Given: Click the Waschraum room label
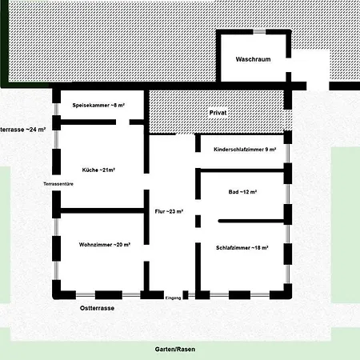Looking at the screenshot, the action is [x=253, y=59].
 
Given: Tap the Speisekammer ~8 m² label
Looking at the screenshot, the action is [x=98, y=106].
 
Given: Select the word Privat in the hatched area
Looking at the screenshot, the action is [x=218, y=113].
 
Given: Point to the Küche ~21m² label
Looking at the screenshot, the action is [x=98, y=170].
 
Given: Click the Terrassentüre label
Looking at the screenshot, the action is [x=58, y=184].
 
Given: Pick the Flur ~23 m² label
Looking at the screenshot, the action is [x=169, y=211].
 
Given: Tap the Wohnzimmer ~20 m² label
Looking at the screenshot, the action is [x=105, y=245].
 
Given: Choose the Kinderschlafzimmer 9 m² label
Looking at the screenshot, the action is [x=245, y=150].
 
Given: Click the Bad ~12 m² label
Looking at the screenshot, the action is [x=242, y=192].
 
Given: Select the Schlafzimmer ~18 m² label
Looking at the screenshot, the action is [x=242, y=248].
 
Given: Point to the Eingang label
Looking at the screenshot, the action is [x=174, y=298].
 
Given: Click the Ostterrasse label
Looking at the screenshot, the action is [x=97, y=308].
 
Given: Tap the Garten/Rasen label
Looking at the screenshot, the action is [x=175, y=349].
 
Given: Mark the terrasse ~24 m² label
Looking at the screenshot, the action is [x=22, y=130].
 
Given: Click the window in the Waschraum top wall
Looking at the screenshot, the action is [x=259, y=32].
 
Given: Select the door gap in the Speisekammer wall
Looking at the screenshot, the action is [x=122, y=122].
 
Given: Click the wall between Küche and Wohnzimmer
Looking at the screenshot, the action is [x=102, y=210].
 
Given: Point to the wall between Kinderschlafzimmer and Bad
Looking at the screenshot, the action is [x=242, y=170].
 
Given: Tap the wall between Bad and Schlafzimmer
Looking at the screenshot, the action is [x=251, y=221].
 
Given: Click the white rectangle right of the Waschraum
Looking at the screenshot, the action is [x=311, y=70].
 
